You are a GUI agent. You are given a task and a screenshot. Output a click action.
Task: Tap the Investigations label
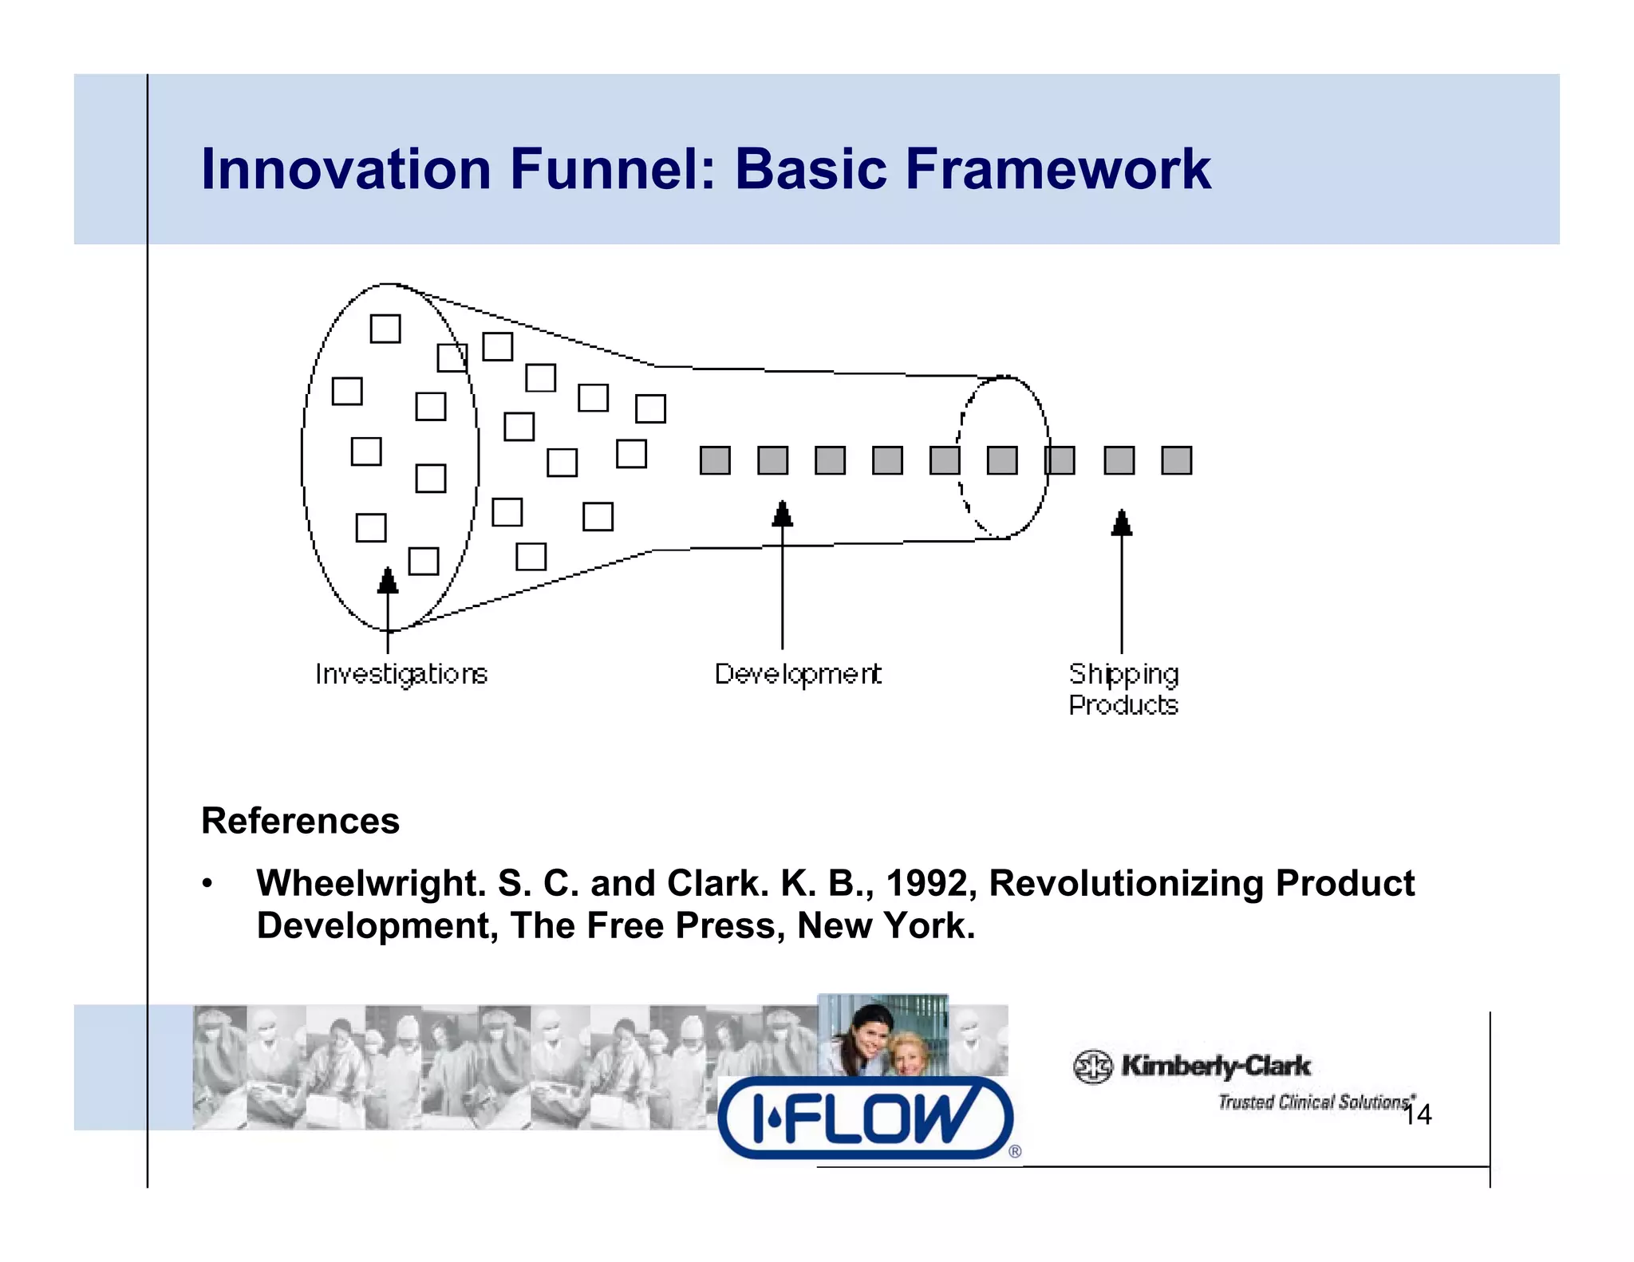pyautogui.click(x=401, y=674)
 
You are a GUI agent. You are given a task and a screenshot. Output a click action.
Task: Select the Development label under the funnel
pyautogui.click(x=798, y=674)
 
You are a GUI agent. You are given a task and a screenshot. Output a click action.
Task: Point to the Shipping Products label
pyautogui.click(x=1123, y=689)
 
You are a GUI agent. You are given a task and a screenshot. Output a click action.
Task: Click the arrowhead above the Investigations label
pyautogui.click(x=388, y=581)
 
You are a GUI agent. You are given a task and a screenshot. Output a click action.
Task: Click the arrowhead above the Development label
pyautogui.click(x=783, y=515)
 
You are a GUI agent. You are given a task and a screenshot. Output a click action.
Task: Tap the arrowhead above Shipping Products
pyautogui.click(x=1122, y=523)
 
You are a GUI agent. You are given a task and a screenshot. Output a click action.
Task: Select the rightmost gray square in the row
pyautogui.click(x=1176, y=460)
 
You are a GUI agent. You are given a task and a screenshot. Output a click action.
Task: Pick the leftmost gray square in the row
pyautogui.click(x=715, y=460)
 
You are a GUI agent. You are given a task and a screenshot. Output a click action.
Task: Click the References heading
pyautogui.click(x=300, y=821)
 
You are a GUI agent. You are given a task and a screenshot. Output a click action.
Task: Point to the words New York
pyautogui.click(x=886, y=926)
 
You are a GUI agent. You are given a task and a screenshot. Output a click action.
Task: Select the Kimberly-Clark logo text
pyautogui.click(x=1215, y=1066)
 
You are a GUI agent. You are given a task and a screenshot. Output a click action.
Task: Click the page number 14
pyautogui.click(x=1418, y=1114)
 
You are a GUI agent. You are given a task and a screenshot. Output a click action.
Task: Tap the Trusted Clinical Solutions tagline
pyautogui.click(x=1312, y=1102)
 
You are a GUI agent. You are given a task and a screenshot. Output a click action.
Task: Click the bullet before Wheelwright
pyautogui.click(x=207, y=884)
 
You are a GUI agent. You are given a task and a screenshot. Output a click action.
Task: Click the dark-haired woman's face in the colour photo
pyautogui.click(x=869, y=1038)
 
